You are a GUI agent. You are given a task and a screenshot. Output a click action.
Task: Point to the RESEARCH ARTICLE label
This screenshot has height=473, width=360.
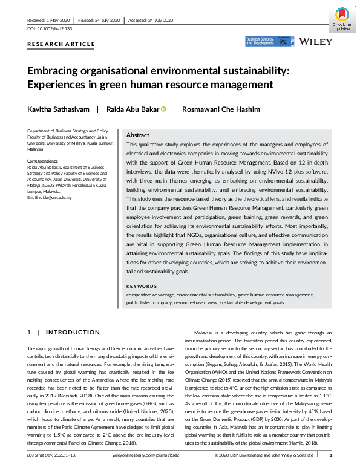tap(61, 44)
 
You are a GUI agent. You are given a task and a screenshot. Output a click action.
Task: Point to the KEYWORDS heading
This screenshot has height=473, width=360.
tap(141, 286)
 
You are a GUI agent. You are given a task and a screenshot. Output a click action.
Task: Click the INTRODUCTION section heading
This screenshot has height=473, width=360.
tap(73, 332)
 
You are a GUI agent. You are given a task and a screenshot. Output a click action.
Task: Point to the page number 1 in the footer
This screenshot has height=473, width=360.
tap(330, 454)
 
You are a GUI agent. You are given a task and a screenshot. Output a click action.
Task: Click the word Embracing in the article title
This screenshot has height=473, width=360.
tap(53, 70)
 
